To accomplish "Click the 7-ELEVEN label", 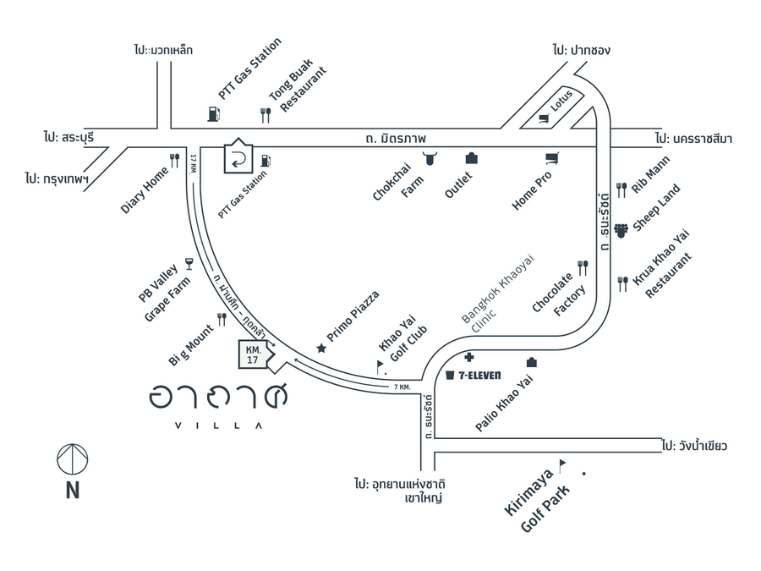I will (479, 375).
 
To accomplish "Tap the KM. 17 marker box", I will (253, 354).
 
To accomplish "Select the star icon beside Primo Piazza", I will (320, 348).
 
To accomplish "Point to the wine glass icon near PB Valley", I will (188, 264).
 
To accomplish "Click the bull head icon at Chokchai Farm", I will (431, 157).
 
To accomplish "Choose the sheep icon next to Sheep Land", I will (621, 228).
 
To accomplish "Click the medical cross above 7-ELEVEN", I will (468, 358).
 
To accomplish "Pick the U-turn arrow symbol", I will (239, 157).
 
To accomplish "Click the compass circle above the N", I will (73, 459).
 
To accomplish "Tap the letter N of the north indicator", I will (73, 491).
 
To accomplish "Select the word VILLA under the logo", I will (217, 425).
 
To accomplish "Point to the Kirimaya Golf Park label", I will (538, 500).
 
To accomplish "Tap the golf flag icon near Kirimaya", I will (561, 464).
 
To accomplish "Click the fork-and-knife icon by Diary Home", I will (175, 159).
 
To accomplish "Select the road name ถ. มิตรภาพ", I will (397, 137).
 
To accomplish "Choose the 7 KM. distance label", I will (402, 387).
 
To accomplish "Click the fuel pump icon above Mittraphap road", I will (211, 113).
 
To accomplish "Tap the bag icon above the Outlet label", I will (471, 157).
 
